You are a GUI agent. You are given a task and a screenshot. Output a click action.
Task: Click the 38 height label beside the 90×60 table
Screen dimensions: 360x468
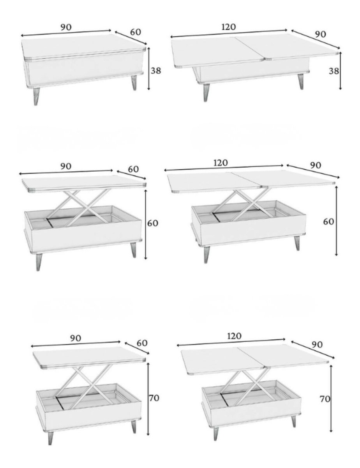tap(156, 71)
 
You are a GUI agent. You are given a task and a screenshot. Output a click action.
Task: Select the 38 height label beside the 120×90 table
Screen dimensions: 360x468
tap(334, 71)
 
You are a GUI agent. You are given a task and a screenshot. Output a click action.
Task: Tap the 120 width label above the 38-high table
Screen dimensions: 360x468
tap(228, 27)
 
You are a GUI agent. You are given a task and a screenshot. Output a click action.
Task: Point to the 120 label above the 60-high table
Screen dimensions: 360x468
tap(221, 163)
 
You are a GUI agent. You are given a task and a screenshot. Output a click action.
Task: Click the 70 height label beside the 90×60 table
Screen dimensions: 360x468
tap(154, 398)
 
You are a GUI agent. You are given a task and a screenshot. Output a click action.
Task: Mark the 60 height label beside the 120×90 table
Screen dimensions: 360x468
tap(328, 222)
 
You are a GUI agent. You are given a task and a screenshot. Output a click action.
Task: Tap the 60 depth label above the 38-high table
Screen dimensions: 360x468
tap(136, 32)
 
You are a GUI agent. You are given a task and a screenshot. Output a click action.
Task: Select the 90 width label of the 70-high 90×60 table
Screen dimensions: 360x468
tap(76, 339)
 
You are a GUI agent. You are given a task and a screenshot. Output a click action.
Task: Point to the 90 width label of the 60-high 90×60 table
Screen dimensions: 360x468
tap(65, 166)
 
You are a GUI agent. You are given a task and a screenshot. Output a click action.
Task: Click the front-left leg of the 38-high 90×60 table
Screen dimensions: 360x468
tap(37, 96)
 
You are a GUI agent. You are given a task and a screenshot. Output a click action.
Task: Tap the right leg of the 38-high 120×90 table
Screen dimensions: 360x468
tap(301, 82)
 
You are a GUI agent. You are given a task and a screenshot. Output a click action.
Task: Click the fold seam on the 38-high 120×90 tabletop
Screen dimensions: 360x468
tap(250, 48)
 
